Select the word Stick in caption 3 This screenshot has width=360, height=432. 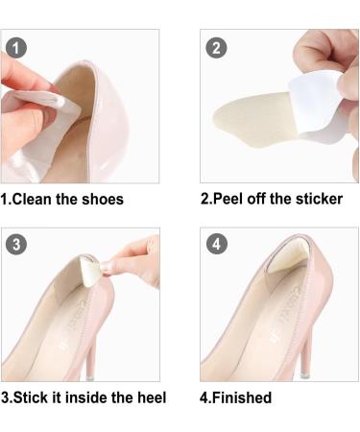(x=35, y=396)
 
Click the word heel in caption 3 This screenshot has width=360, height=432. (x=149, y=396)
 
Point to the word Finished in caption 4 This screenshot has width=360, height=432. (x=244, y=396)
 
